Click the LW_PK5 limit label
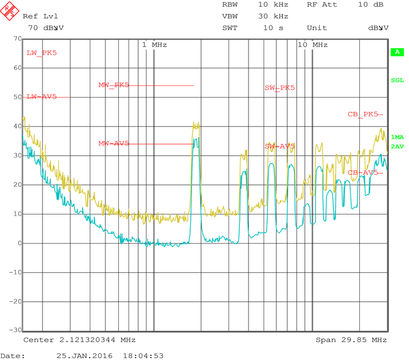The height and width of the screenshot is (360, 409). coord(42,53)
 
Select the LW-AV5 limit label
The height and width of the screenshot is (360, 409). coord(42,97)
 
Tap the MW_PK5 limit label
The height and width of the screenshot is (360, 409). coord(114,85)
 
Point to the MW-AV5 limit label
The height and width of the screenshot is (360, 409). coord(114,144)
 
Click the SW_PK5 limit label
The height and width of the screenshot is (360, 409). coord(280,88)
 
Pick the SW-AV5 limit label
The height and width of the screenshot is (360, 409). coord(280,147)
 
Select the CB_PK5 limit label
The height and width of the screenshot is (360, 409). coord(363,114)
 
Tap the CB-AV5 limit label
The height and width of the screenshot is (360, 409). coord(363,173)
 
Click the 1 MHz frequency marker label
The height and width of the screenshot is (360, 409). coord(155,45)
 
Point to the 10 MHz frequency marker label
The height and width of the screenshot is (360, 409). coord(313,45)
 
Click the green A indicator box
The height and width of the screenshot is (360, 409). coord(397,52)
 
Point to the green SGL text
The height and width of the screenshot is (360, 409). coord(397,80)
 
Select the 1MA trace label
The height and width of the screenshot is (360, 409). coord(397,138)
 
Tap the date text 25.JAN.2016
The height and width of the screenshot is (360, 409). coord(80,356)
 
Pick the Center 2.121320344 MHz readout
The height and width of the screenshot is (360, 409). coord(80,340)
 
